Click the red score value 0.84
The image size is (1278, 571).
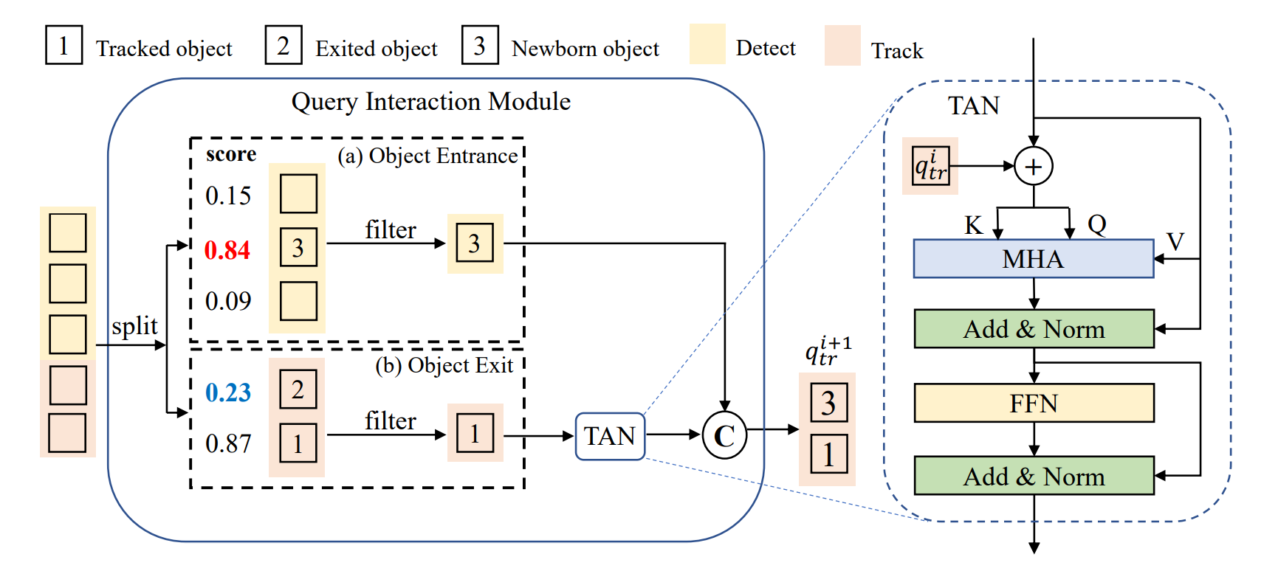tap(227, 250)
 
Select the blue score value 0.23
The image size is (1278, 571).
tap(228, 392)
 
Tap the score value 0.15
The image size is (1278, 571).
tap(228, 195)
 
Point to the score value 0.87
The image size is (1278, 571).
tap(228, 443)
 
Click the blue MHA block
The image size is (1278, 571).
tap(1033, 259)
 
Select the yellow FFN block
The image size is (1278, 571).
tap(1034, 404)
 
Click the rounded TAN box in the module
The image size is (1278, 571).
tap(610, 436)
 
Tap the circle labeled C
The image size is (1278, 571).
tap(724, 436)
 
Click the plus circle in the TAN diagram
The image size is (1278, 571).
tap(1033, 166)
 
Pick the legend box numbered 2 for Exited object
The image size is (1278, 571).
tap(284, 46)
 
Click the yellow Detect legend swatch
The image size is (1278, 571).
tap(707, 44)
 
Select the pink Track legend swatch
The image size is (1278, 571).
tap(842, 46)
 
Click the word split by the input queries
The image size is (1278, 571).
tap(134, 326)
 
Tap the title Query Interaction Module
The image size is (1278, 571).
tap(431, 102)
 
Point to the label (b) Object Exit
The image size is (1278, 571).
tap(444, 366)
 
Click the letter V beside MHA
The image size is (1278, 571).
tap(1175, 241)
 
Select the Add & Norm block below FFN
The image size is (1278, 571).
tap(1034, 477)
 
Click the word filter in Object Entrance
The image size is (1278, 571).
tap(391, 230)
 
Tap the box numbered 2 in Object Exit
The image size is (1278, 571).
tap(298, 390)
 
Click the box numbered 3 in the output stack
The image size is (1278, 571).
tap(828, 403)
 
